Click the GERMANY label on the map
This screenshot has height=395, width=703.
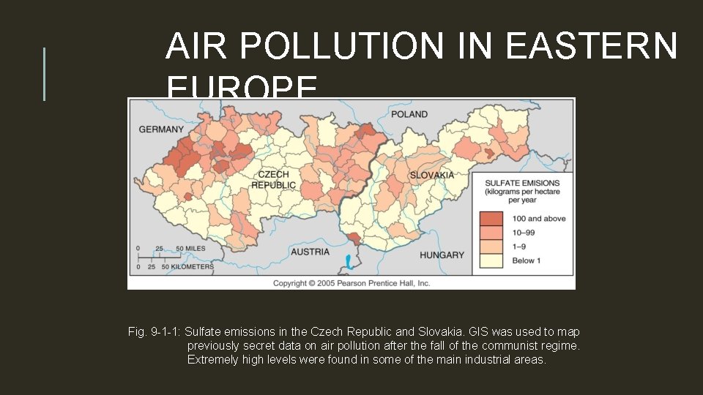coord(161,129)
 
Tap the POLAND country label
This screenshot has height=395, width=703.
coord(409,115)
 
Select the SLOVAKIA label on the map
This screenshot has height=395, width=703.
coord(431,175)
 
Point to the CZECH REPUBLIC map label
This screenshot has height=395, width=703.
coord(273,180)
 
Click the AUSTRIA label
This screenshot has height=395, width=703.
coord(310,251)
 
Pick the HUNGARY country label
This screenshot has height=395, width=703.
coord(442,255)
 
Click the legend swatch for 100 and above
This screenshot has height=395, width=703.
coord(491,218)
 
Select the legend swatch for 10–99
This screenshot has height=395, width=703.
coord(491,232)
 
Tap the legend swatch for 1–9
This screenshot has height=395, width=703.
coord(491,246)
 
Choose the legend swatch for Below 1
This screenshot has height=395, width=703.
coord(491,260)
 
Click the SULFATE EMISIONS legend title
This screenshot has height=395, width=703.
coord(523,183)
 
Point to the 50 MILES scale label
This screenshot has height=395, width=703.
coord(190,249)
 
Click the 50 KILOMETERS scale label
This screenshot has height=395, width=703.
coord(187,267)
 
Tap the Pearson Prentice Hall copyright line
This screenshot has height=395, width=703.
coord(351,282)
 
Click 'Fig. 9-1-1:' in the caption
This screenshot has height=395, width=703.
coord(154,332)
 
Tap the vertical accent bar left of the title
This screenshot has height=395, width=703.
coord(45,74)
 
